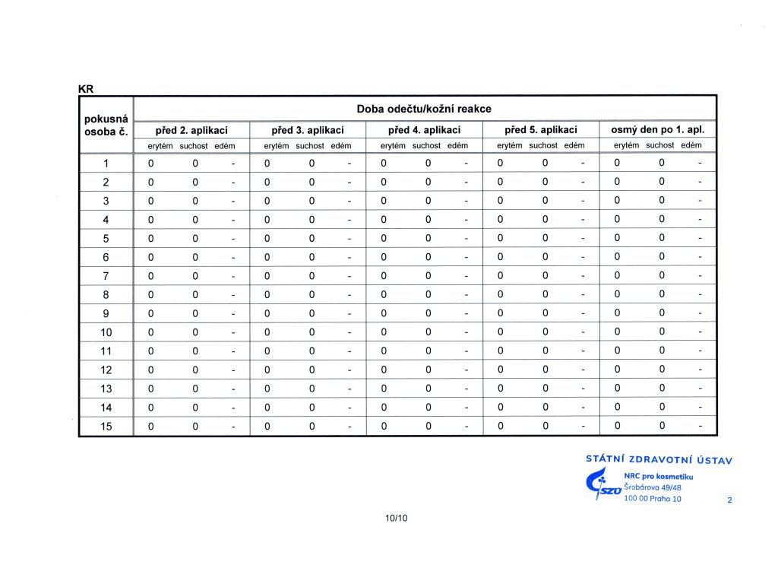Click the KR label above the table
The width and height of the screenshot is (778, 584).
coord(86,88)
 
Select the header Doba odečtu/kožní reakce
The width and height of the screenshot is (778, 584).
coord(425,109)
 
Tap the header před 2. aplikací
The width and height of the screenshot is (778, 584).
coord(191,130)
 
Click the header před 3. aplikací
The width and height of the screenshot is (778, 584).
coord(308,130)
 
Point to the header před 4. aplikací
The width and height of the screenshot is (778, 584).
coord(425,130)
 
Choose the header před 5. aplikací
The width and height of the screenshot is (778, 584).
coord(542,130)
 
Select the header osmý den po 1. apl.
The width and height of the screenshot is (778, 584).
coord(658,130)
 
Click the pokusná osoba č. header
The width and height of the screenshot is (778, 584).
coord(106,125)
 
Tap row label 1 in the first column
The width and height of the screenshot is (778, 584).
coord(106,163)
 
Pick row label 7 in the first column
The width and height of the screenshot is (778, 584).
coord(106,276)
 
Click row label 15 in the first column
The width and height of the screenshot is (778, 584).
coord(106,427)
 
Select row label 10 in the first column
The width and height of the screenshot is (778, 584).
coord(106,332)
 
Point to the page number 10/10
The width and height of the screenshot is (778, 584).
coord(397,519)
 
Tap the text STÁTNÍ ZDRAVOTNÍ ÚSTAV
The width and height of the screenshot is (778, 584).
coord(659,459)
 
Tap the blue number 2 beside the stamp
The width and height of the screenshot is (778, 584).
coord(729,500)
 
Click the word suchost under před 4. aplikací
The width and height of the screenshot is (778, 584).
coord(425,145)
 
